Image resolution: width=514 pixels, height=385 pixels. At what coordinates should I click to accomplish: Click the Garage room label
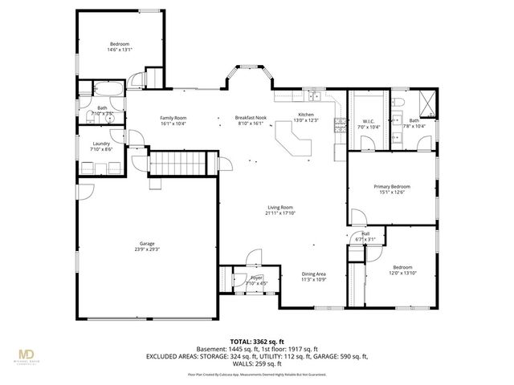point(146,243)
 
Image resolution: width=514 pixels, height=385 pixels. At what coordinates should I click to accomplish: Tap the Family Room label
point(173,117)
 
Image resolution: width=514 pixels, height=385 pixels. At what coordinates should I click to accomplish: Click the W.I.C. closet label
point(369,120)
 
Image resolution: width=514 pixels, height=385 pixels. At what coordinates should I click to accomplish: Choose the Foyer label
point(256,277)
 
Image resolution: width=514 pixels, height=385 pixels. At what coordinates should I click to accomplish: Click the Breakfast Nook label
point(251,117)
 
